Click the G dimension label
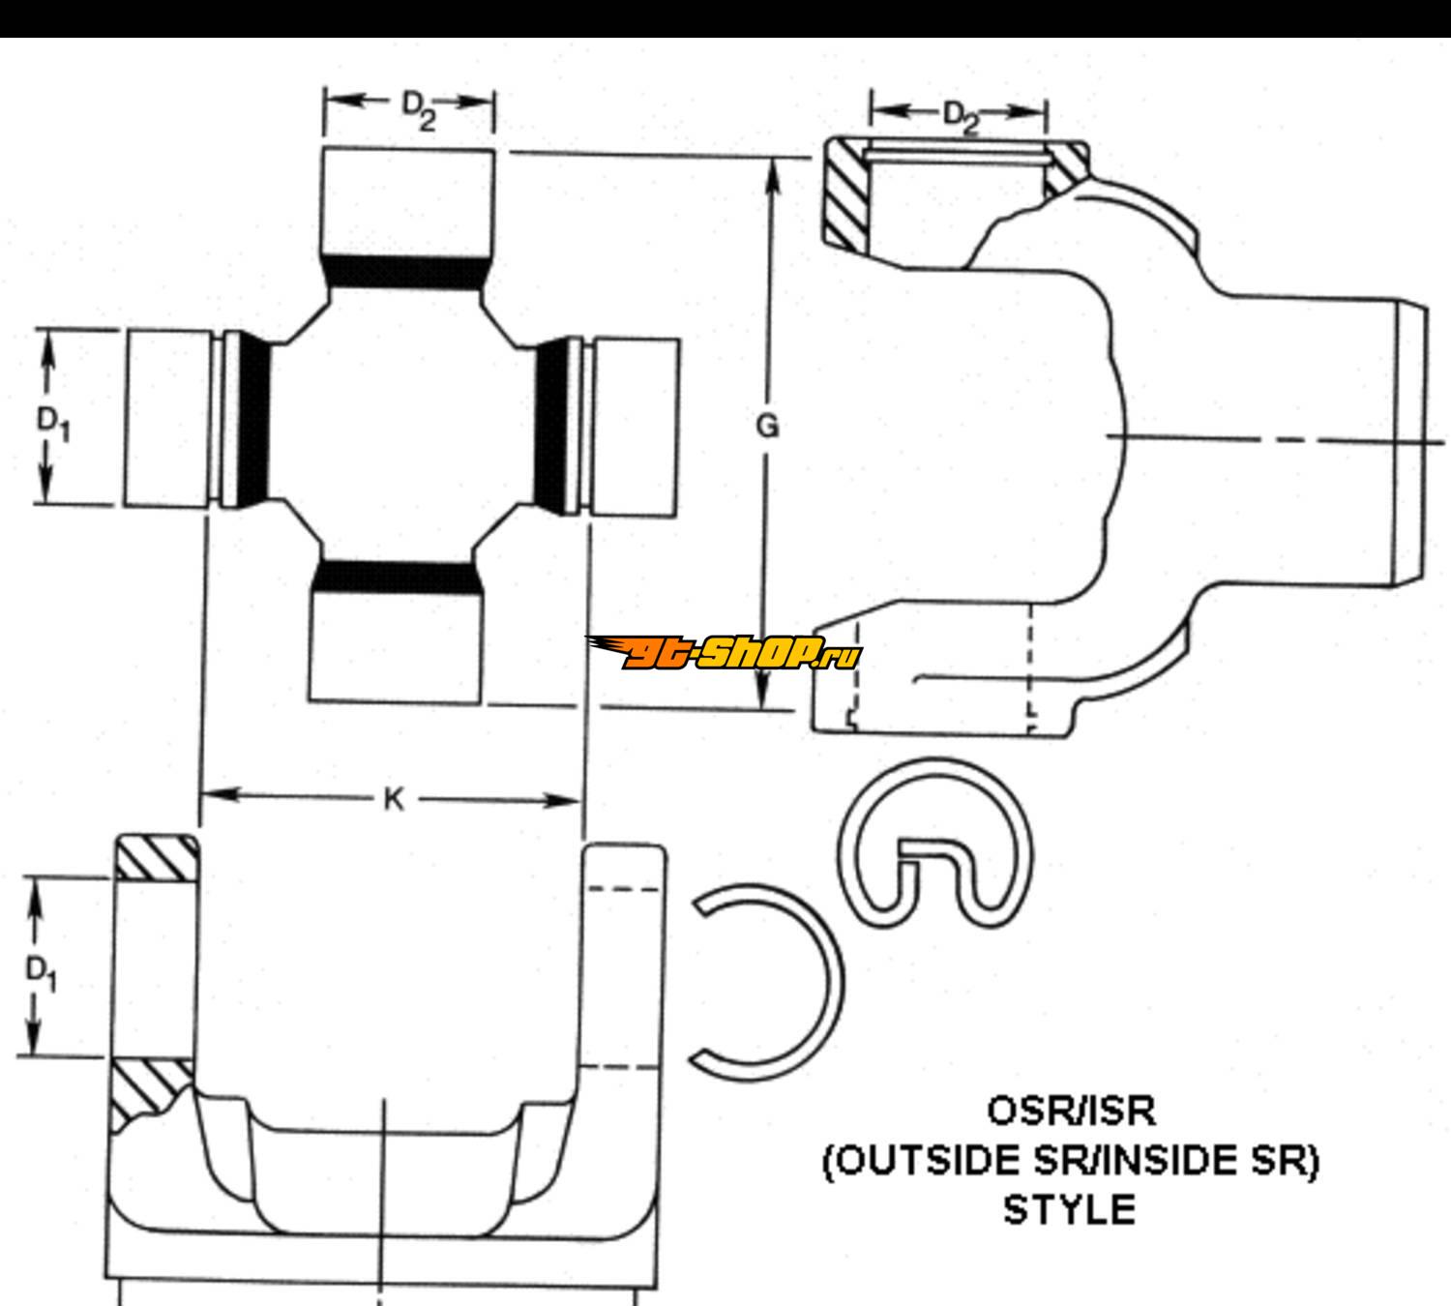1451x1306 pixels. click(767, 427)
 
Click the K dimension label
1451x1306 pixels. click(393, 799)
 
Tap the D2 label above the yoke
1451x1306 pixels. click(961, 118)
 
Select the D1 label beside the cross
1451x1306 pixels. click(54, 424)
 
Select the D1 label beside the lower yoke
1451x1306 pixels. click(42, 971)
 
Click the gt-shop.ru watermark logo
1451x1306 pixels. click(724, 653)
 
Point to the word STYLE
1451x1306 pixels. click(1069, 1209)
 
